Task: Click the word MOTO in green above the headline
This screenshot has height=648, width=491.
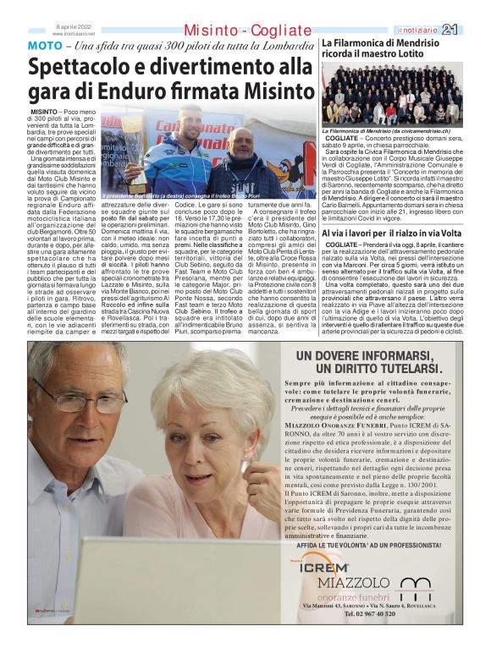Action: coord(44,44)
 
